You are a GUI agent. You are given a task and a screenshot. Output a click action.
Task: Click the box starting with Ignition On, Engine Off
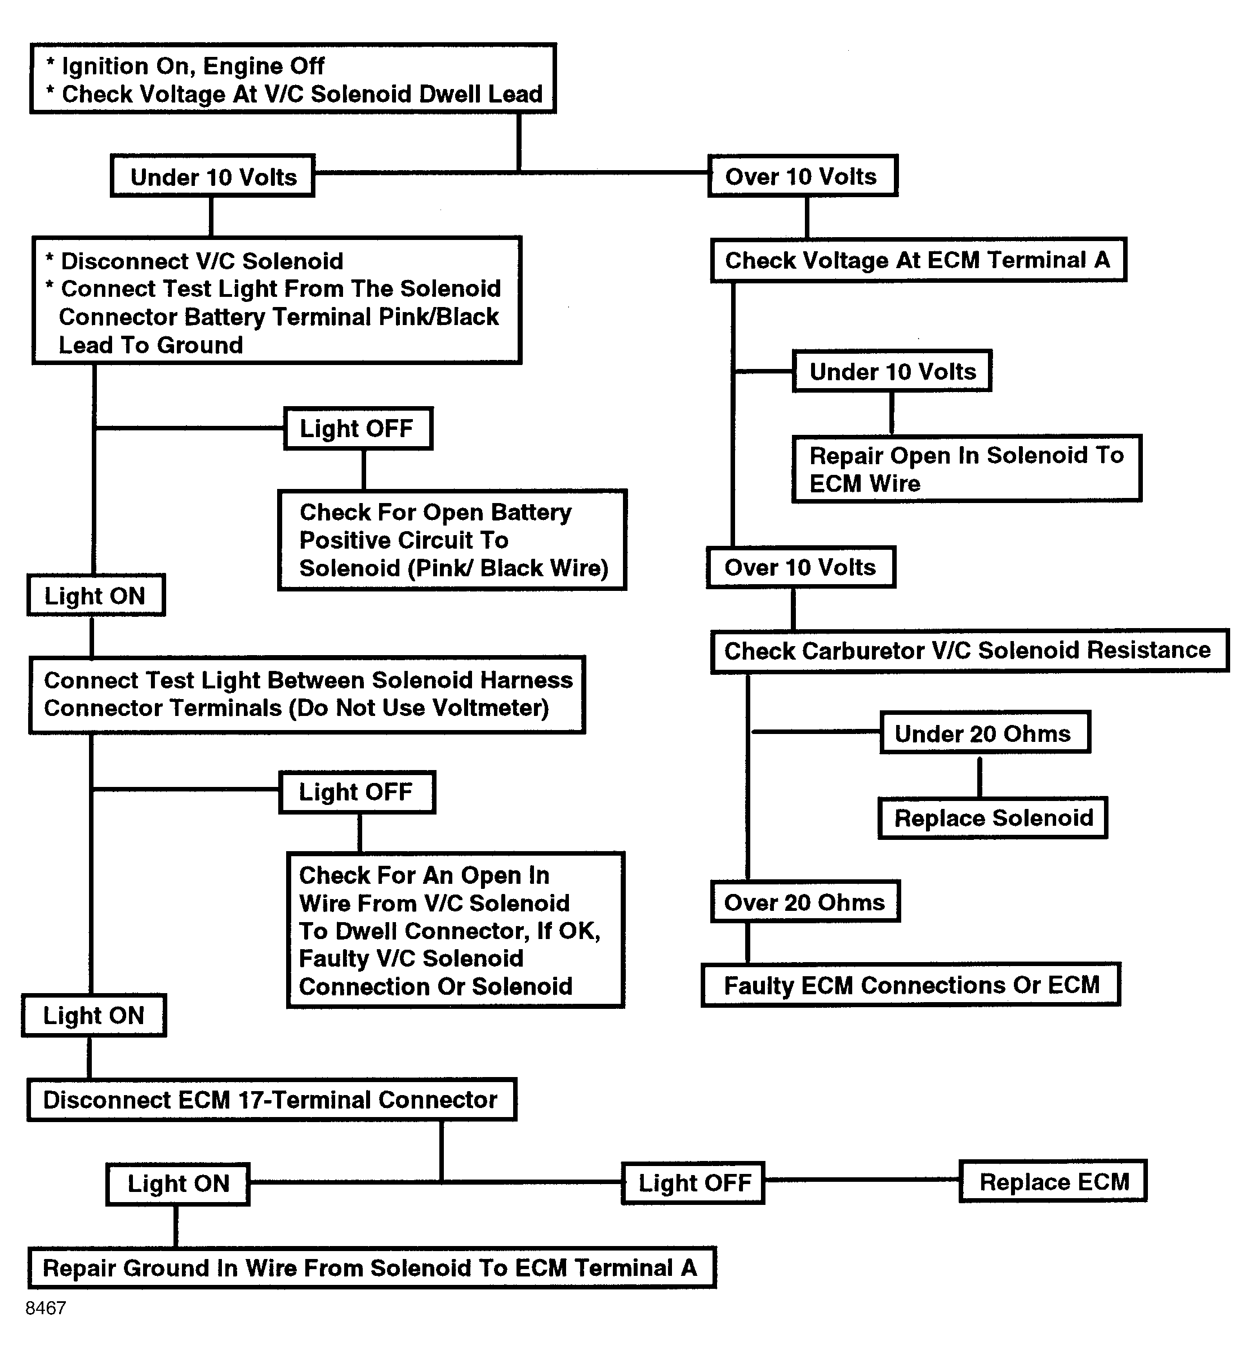click(x=293, y=78)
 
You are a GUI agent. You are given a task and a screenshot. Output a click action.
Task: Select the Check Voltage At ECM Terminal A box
click(x=919, y=260)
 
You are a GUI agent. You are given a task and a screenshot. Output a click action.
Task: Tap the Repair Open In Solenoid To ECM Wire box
click(x=967, y=469)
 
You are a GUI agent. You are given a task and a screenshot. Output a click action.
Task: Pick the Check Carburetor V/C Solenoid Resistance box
click(x=970, y=651)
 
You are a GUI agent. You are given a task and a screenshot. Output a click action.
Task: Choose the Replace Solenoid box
click(x=993, y=818)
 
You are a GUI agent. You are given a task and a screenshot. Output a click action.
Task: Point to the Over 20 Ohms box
click(x=805, y=902)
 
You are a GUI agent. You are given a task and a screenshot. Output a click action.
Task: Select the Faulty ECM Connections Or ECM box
click(x=911, y=985)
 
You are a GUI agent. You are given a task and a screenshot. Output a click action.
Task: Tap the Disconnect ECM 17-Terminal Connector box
click(x=272, y=1100)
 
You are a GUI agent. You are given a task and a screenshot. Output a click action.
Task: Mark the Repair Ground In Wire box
click(x=372, y=1267)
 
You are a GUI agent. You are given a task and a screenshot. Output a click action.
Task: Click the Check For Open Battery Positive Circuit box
click(x=452, y=540)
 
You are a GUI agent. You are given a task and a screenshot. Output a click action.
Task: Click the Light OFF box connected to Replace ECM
click(x=693, y=1183)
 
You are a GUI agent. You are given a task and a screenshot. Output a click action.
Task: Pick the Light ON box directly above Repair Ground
click(x=178, y=1184)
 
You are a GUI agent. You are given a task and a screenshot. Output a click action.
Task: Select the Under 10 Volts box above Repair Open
click(x=892, y=371)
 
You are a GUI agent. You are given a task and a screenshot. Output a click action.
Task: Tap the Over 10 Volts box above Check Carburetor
click(x=801, y=567)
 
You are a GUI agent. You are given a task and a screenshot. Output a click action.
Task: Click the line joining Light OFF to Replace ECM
click(x=862, y=1180)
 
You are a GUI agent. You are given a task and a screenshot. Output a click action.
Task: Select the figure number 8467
click(x=46, y=1308)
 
